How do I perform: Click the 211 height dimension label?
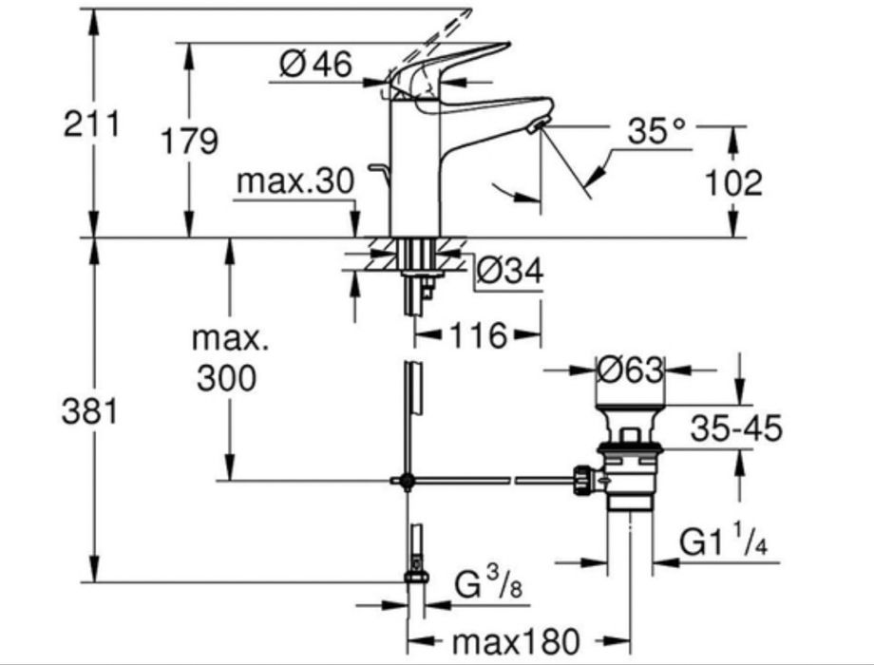(x=91, y=124)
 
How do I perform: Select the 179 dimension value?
(x=189, y=142)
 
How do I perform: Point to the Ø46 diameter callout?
(x=316, y=65)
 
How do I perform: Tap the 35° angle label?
(x=655, y=132)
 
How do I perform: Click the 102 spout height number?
(x=732, y=182)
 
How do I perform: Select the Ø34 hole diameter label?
(x=509, y=272)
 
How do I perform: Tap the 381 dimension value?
(x=91, y=412)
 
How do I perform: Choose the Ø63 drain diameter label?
(x=629, y=370)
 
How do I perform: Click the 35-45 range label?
(x=736, y=428)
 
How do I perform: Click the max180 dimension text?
(x=514, y=641)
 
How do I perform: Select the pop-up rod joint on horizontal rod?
(x=407, y=482)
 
